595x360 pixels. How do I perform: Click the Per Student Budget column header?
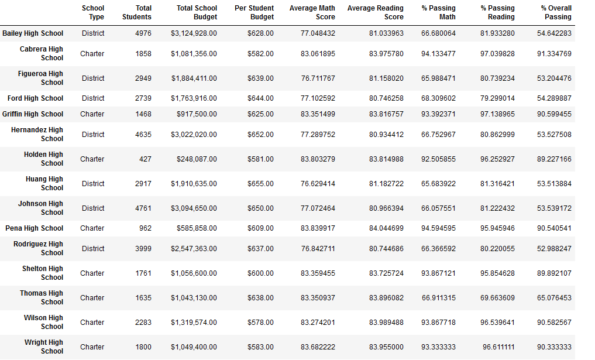click(254, 12)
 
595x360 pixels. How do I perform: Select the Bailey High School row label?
click(33, 33)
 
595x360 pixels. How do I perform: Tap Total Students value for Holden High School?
click(145, 159)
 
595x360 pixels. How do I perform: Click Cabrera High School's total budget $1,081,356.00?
click(194, 54)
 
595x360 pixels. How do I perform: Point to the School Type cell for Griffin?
click(92, 114)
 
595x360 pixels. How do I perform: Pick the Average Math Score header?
click(312, 12)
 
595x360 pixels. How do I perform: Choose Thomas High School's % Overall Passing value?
click(554, 298)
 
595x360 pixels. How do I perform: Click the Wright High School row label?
click(44, 347)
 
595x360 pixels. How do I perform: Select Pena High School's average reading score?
click(386, 228)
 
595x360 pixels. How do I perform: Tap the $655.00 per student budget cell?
click(260, 184)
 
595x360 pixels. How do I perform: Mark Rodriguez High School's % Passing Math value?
click(438, 249)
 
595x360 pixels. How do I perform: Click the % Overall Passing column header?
click(556, 12)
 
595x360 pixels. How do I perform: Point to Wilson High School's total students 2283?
click(143, 323)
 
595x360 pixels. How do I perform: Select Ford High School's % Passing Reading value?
click(497, 98)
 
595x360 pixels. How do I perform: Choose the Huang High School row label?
click(44, 183)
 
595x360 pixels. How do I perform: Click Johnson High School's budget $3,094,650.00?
click(194, 208)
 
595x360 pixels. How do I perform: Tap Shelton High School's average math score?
click(318, 273)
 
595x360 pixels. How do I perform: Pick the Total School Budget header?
click(197, 12)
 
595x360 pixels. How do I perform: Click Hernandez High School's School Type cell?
click(93, 135)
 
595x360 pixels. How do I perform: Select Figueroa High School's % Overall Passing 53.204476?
click(554, 78)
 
